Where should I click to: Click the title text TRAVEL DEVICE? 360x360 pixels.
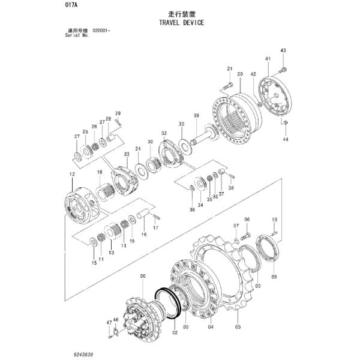click(x=181, y=22)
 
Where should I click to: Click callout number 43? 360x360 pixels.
click(x=283, y=50)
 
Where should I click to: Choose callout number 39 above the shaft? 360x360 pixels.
click(x=196, y=115)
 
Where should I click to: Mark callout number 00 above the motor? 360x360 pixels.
click(x=143, y=275)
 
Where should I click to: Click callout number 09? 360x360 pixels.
click(x=274, y=277)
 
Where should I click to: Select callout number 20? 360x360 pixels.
click(x=239, y=74)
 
